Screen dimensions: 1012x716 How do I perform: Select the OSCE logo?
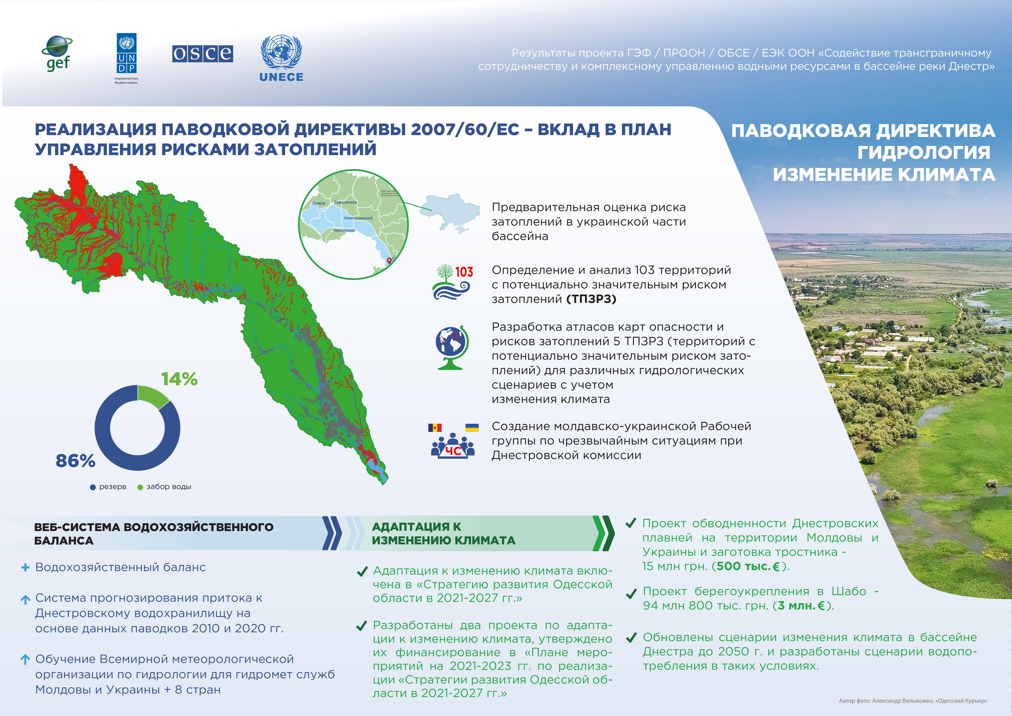[202, 54]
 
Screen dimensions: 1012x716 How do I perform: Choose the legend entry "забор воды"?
[164, 487]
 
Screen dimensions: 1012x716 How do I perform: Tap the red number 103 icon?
[464, 272]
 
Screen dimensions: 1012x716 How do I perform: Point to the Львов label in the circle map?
[318, 203]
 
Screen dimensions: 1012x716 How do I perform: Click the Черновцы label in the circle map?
[344, 230]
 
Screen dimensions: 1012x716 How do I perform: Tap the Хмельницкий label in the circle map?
[358, 218]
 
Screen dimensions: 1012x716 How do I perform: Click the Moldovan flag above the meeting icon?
[435, 428]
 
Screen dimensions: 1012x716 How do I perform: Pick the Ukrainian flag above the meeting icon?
[472, 428]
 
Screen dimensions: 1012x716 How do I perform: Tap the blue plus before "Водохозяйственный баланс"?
[25, 568]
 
